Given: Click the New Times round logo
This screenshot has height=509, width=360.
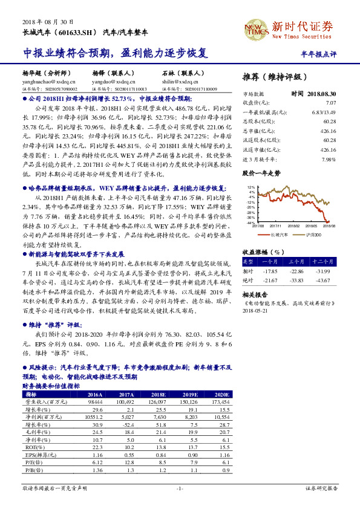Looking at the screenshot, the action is pos(252,27).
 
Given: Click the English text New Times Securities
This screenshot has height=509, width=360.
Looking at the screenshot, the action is pos(303,37).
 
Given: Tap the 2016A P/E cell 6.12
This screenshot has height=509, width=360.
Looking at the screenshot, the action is pos(97,463).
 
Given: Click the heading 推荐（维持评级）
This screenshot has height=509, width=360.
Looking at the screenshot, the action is pos(275,77).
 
